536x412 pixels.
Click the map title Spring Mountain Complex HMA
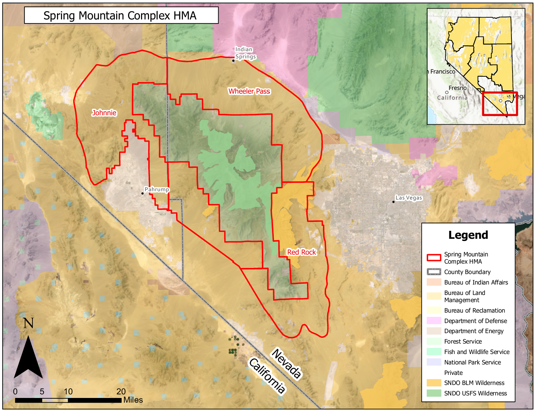click(x=120, y=15)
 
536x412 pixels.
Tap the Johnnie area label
click(x=104, y=113)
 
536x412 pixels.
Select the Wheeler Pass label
click(x=249, y=91)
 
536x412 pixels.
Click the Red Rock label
click(x=302, y=252)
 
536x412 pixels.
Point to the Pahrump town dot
click(x=142, y=193)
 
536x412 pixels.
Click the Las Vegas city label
click(x=409, y=198)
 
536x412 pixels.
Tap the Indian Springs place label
click(x=245, y=53)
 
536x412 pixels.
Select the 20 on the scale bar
click(x=121, y=391)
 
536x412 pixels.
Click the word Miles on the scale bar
click(x=133, y=400)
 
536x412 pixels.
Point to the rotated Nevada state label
click(x=286, y=363)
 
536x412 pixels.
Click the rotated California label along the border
click(x=267, y=375)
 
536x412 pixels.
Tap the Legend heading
click(x=468, y=235)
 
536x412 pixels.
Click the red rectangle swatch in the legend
click(x=434, y=258)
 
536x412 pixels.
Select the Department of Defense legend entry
click(x=475, y=321)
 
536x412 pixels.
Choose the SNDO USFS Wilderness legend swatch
click(x=434, y=393)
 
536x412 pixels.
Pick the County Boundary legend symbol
click(x=434, y=272)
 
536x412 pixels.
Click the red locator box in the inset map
click(x=500, y=104)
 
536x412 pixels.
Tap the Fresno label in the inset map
click(x=457, y=88)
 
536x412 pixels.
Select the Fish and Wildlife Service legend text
click(x=476, y=352)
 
